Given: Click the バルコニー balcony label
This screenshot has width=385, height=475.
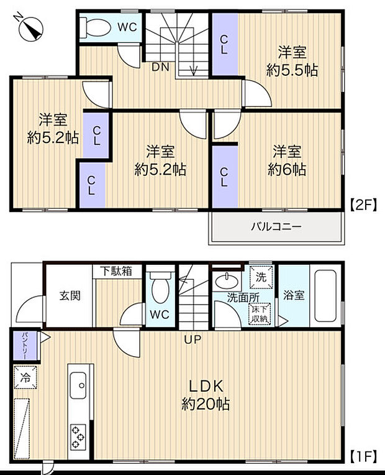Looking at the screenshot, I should (x=276, y=227).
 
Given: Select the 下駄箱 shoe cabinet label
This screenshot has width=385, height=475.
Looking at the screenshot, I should (x=117, y=272).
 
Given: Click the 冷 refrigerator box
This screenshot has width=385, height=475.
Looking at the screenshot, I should (x=25, y=376).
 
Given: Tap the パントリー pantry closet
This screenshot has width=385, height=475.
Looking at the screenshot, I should (x=25, y=346).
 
